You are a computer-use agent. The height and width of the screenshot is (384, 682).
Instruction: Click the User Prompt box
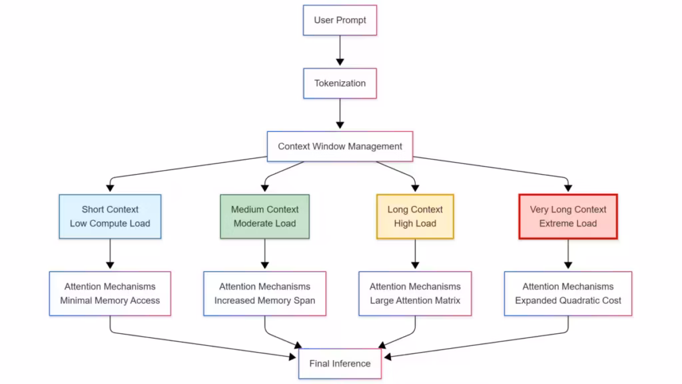pyautogui.click(x=340, y=20)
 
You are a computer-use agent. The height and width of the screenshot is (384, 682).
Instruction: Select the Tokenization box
pyautogui.click(x=340, y=83)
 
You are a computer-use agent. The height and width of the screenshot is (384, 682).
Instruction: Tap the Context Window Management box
pyautogui.click(x=340, y=146)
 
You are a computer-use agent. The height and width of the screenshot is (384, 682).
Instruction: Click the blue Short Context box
pyautogui.click(x=110, y=217)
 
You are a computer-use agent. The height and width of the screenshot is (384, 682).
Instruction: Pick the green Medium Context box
pyautogui.click(x=264, y=217)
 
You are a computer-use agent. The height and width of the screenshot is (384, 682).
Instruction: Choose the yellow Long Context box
pyautogui.click(x=415, y=217)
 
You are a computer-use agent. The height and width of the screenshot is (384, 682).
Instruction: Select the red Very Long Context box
pyautogui.click(x=568, y=217)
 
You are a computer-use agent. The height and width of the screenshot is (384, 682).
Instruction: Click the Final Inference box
pyautogui.click(x=340, y=363)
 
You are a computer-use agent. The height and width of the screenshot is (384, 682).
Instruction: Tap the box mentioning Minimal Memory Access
pyautogui.click(x=110, y=293)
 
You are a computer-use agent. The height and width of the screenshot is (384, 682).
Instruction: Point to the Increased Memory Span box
pyautogui.click(x=264, y=293)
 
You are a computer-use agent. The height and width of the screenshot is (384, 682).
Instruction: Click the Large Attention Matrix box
pyautogui.click(x=415, y=293)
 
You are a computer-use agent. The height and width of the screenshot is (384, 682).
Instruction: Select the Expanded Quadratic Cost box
pyautogui.click(x=568, y=293)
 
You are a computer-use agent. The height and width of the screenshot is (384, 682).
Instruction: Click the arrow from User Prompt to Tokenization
pyautogui.click(x=340, y=51)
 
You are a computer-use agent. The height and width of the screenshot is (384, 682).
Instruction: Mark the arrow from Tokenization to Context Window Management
pyautogui.click(x=340, y=113)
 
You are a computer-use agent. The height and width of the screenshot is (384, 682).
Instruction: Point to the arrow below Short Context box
pyautogui.click(x=110, y=254)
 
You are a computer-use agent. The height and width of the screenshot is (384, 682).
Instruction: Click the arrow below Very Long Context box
pyautogui.click(x=568, y=254)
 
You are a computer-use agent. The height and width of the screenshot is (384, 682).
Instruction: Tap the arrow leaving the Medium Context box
pyautogui.click(x=264, y=254)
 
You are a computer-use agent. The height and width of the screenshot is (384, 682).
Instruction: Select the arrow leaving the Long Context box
pyautogui.click(x=415, y=254)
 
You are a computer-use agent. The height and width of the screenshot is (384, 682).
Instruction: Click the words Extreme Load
pyautogui.click(x=568, y=224)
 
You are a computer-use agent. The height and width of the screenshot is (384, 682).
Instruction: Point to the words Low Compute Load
pyautogui.click(x=110, y=224)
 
